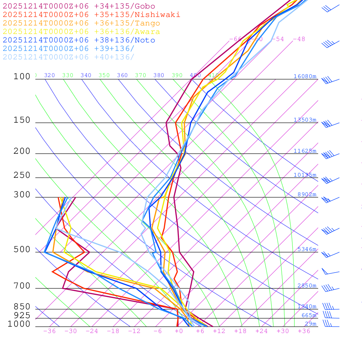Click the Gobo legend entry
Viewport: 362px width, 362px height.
[x=79, y=6]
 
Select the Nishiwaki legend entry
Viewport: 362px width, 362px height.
[x=91, y=14]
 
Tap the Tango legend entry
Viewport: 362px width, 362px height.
[x=81, y=23]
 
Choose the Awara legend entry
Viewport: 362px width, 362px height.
[x=81, y=32]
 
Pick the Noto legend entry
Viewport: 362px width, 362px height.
[x=79, y=40]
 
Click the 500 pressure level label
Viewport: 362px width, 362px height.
[x=22, y=250]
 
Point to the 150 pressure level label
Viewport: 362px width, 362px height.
[x=22, y=120]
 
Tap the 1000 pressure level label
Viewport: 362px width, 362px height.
[x=19, y=324]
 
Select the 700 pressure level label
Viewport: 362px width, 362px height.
[x=22, y=286]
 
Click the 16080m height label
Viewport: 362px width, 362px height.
[x=305, y=76]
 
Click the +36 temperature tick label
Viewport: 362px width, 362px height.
[x=304, y=331]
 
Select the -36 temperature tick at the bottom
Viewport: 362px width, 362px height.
[x=49, y=331]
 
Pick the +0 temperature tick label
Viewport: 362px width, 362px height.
[x=179, y=331]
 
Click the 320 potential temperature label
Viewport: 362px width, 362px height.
[x=49, y=75]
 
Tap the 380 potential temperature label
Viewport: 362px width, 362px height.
[x=159, y=75]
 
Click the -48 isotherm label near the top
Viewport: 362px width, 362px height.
[x=299, y=39]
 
